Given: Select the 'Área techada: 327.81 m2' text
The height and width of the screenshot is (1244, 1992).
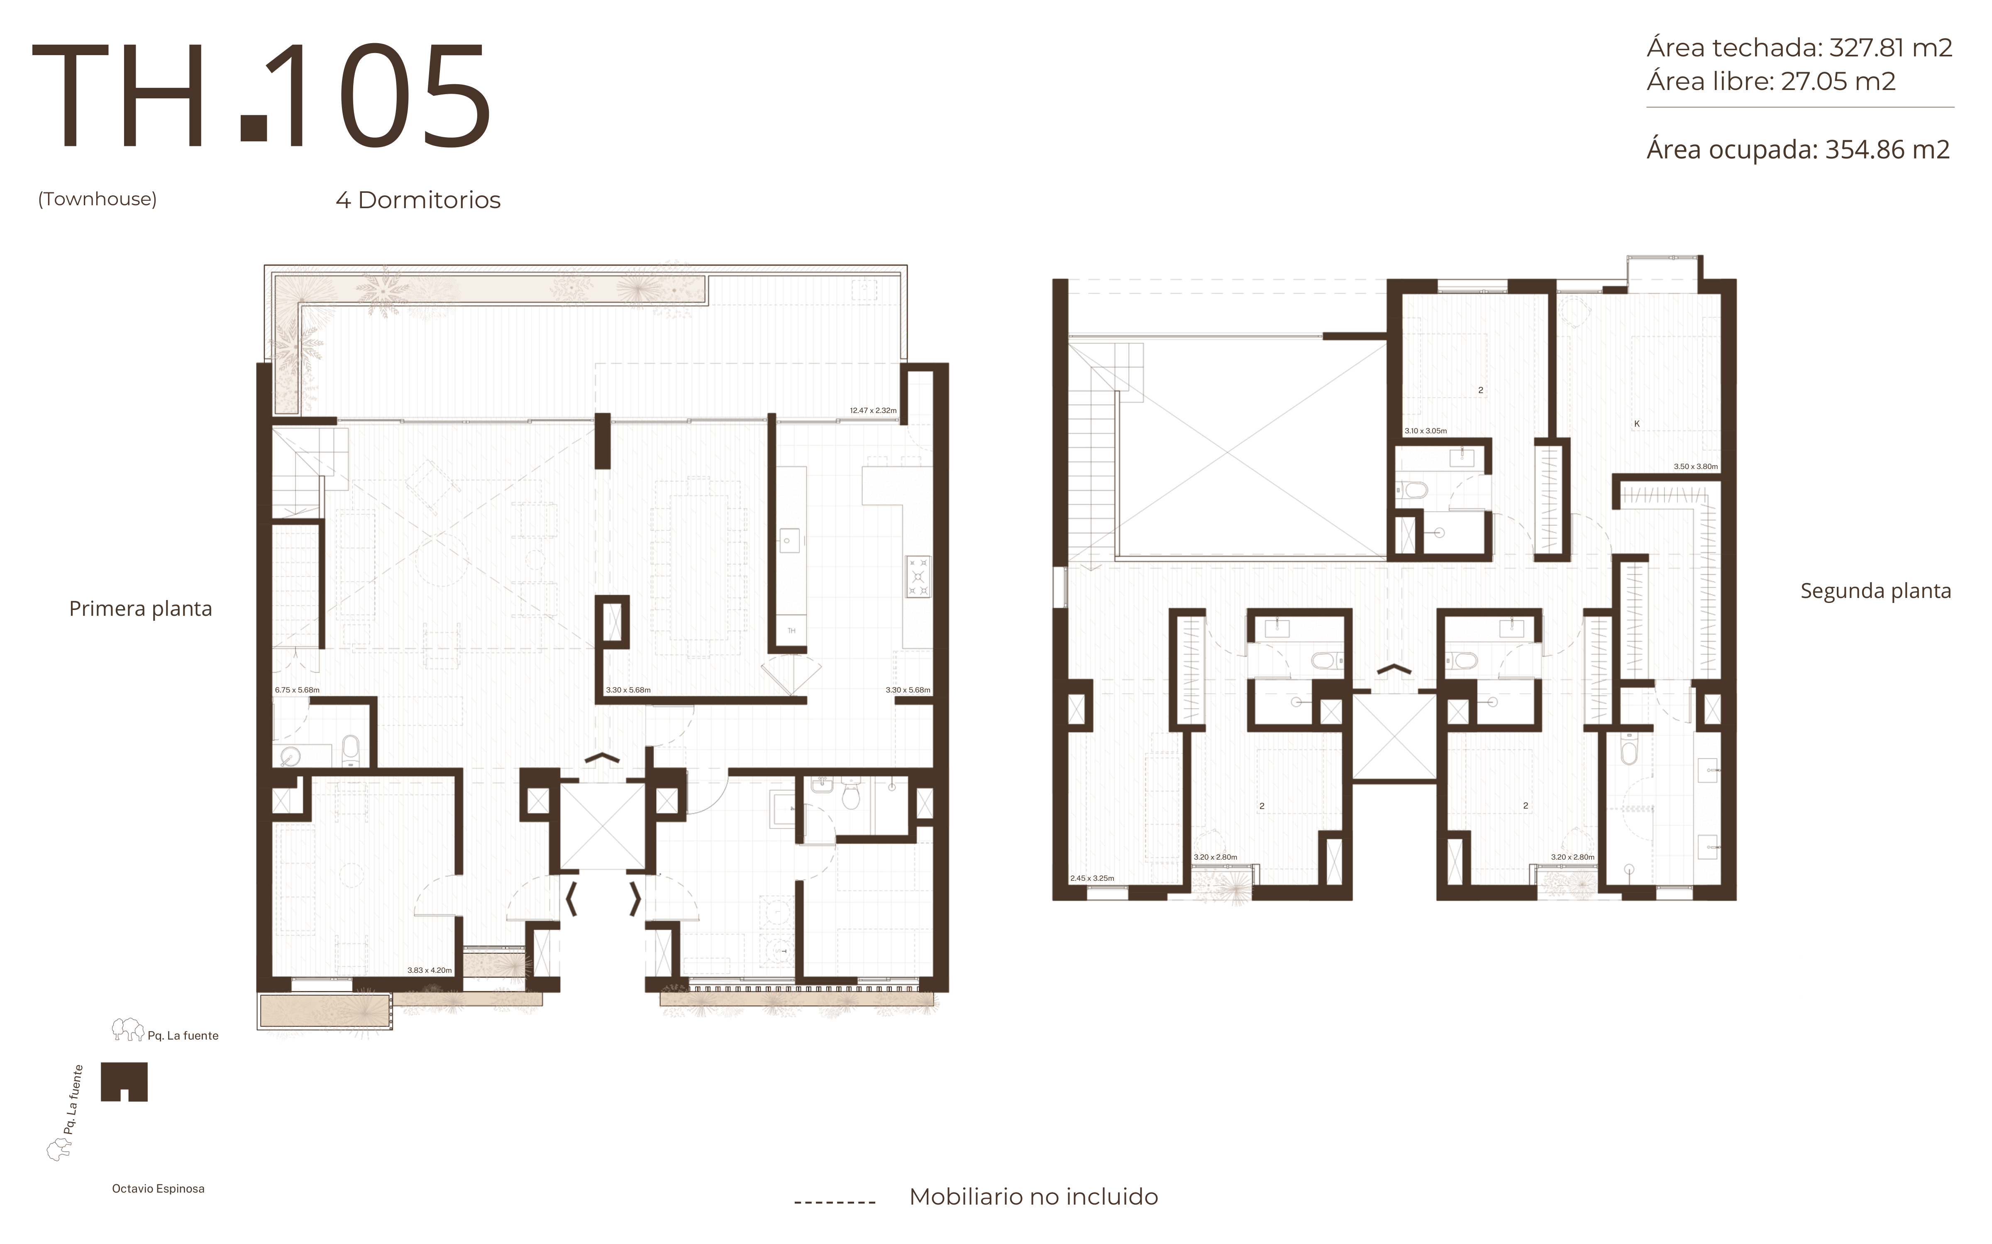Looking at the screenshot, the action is (1799, 48).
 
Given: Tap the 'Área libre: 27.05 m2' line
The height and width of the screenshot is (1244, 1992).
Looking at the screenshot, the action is (1770, 81).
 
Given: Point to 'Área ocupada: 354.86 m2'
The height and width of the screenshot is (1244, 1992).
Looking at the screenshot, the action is (1798, 150).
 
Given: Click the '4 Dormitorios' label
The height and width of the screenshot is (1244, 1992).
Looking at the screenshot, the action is (418, 200).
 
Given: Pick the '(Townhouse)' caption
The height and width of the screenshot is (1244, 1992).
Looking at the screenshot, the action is (97, 199).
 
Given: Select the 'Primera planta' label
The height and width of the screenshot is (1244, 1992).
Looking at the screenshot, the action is (141, 609).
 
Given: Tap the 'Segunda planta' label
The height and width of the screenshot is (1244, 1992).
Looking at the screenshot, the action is (1875, 591).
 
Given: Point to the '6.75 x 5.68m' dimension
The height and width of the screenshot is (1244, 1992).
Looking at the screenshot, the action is (297, 690).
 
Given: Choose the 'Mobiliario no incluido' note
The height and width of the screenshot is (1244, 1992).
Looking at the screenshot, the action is (1033, 1197).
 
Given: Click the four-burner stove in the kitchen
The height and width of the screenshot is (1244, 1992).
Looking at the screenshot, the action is (918, 576).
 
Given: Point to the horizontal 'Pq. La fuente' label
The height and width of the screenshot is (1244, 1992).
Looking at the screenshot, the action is (183, 1036).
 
